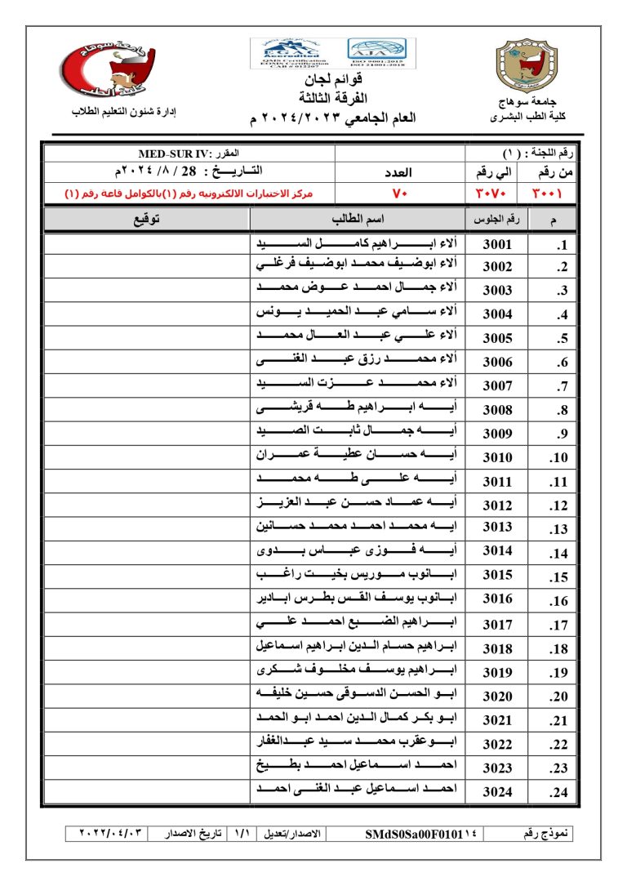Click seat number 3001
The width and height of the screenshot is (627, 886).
point(497,244)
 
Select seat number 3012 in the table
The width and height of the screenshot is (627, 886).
point(497,505)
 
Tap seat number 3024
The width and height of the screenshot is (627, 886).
point(497,790)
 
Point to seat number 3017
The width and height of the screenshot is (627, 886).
point(497,625)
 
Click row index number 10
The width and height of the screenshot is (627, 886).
point(559,458)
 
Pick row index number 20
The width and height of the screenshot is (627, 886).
point(559,697)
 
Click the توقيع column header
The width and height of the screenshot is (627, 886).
point(145,220)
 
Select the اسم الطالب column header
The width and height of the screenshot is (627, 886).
point(358,220)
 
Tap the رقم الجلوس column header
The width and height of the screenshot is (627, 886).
point(496,220)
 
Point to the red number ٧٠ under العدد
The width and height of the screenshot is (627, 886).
point(400,194)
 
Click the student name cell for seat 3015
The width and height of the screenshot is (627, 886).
point(358,577)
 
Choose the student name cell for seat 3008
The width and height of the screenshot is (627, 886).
point(358,410)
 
